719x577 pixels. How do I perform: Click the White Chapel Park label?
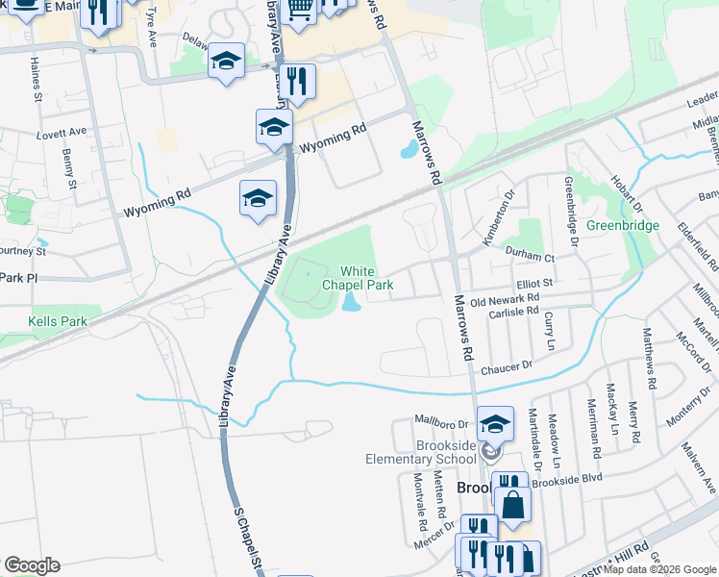click(x=358, y=279)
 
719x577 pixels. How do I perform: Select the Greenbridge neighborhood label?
click(x=624, y=225)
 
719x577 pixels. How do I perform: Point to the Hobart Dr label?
click(x=625, y=195)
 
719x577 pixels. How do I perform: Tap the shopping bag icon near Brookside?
click(x=512, y=504)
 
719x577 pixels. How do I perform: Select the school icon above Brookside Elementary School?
click(x=495, y=423)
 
